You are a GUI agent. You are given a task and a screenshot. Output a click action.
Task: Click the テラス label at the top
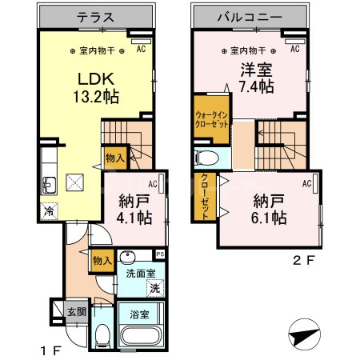point(94,16)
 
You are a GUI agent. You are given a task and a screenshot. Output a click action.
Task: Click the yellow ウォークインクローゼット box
point(211,118)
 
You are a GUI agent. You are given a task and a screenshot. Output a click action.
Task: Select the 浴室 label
point(139,314)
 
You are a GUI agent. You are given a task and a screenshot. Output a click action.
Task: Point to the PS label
point(160,255)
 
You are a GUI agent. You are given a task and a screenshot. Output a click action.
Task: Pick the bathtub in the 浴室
point(142,334)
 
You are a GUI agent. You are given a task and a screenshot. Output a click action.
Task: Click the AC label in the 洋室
point(294,50)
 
